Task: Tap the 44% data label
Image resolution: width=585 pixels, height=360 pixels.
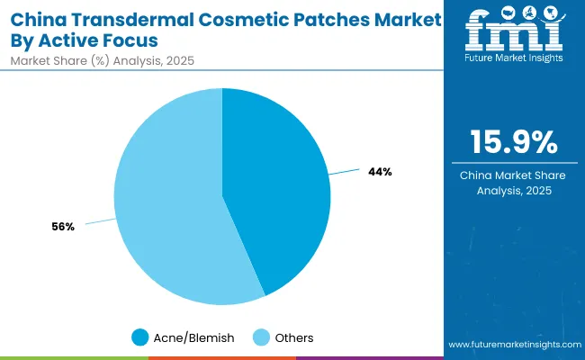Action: [x=380, y=171]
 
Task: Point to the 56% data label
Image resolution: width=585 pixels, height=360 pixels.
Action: [x=63, y=227]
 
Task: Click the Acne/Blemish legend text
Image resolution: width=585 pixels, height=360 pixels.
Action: [x=193, y=337]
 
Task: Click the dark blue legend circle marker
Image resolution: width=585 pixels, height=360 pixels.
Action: [x=139, y=337]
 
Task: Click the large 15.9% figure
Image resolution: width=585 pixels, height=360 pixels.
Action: [x=513, y=142]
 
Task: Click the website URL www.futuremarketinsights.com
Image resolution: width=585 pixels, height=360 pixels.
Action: [x=513, y=345]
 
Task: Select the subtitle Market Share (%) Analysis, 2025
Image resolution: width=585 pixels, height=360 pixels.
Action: [x=102, y=61]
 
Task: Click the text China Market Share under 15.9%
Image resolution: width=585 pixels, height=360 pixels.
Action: [x=513, y=175]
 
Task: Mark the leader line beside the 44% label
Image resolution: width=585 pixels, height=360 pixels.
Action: [x=347, y=170]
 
